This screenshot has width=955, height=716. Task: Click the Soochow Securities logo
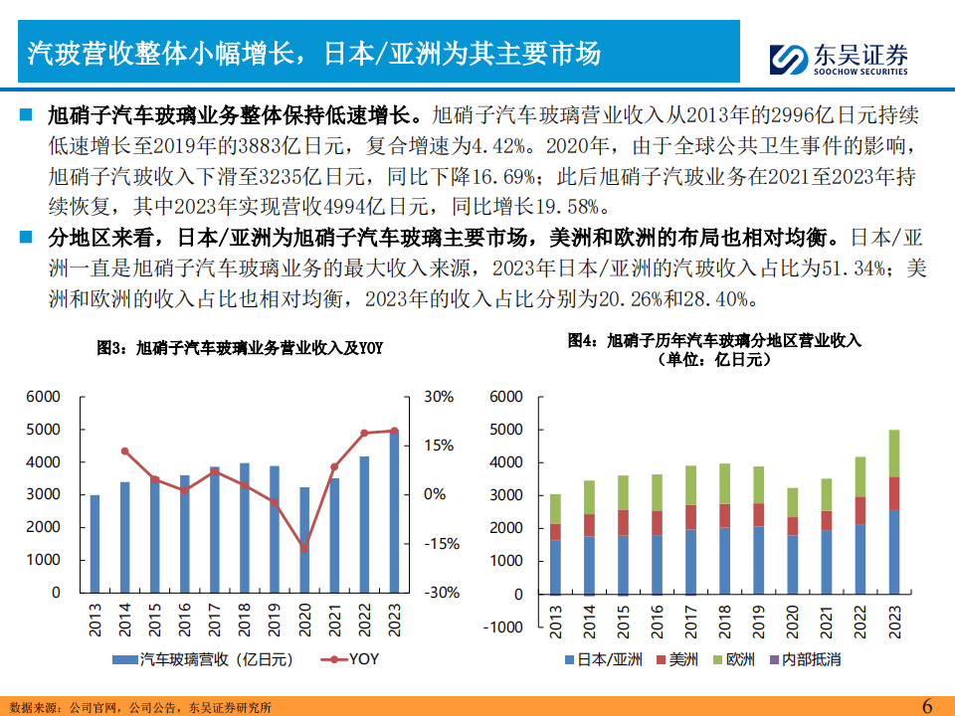coord(842,59)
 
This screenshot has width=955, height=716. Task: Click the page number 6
coord(927,705)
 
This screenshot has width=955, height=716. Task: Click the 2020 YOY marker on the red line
coord(304,548)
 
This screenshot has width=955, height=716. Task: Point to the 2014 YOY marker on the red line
coord(124,451)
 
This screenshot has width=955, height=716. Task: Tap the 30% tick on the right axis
coord(439,397)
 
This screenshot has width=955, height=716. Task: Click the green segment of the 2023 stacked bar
coord(893,453)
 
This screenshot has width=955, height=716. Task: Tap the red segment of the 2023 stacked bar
coord(893,494)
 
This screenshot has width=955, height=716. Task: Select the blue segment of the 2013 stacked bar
coord(555,567)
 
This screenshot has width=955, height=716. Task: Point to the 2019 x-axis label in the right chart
coord(759,623)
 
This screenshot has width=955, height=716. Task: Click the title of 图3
coord(240,347)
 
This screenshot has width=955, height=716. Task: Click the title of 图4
coord(714,349)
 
